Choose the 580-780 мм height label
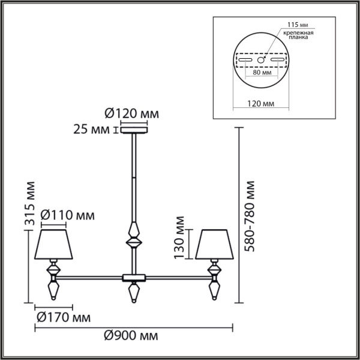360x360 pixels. pos(250,216)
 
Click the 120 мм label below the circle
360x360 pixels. pos(260,103)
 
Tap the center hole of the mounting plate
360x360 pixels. pos(261,61)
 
